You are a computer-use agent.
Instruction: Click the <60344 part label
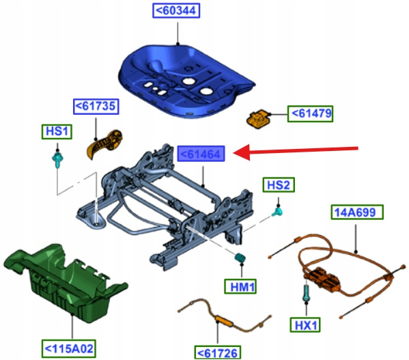pyautogui.click(x=176, y=11)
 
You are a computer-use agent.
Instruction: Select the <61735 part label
pyautogui.click(x=96, y=107)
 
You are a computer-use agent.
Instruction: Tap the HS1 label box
pyautogui.click(x=57, y=131)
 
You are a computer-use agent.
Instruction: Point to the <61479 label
pyautogui.click(x=311, y=114)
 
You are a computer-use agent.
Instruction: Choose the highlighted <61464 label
pyautogui.click(x=201, y=154)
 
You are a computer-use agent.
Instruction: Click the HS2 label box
pyautogui.click(x=279, y=185)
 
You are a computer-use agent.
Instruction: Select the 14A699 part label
pyautogui.click(x=357, y=212)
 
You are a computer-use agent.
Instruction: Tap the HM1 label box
pyautogui.click(x=240, y=286)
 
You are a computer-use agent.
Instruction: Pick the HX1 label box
pyautogui.click(x=305, y=324)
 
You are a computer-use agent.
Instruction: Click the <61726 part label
pyautogui.click(x=218, y=352)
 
